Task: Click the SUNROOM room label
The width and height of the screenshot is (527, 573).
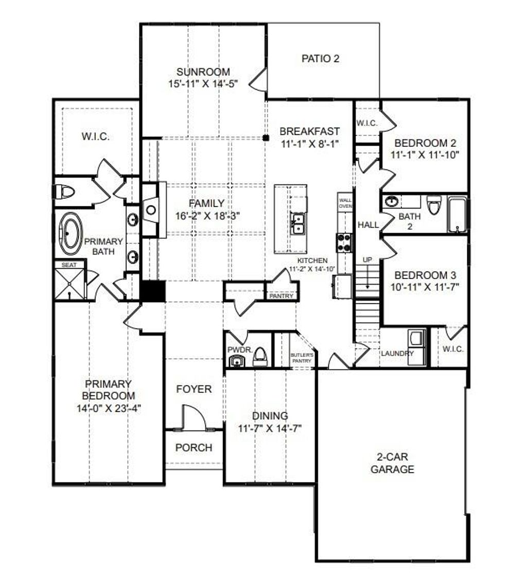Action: [203, 72]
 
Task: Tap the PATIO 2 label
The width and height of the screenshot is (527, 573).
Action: [320, 59]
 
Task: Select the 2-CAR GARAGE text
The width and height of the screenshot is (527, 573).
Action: [393, 463]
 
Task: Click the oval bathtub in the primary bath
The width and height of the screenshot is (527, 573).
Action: [71, 235]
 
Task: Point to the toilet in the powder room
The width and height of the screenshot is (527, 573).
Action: [260, 356]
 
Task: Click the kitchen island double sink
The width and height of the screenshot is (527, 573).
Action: [297, 224]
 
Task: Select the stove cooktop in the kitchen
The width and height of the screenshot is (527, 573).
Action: [344, 242]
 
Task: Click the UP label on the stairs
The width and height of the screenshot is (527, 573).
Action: [367, 260]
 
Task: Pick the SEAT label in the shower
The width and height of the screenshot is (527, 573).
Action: [69, 265]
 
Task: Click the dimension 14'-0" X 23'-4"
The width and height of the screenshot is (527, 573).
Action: [109, 408]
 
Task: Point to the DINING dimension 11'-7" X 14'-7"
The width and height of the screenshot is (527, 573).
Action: [270, 427]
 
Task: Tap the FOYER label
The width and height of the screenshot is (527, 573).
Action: [194, 389]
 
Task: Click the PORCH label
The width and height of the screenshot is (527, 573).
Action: [194, 447]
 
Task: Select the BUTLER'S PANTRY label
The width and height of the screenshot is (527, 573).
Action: [302, 358]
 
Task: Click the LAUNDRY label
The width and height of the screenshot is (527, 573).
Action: [397, 353]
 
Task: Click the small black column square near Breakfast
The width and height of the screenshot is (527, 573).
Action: [266, 137]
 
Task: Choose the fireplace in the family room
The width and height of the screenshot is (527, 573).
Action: [151, 210]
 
